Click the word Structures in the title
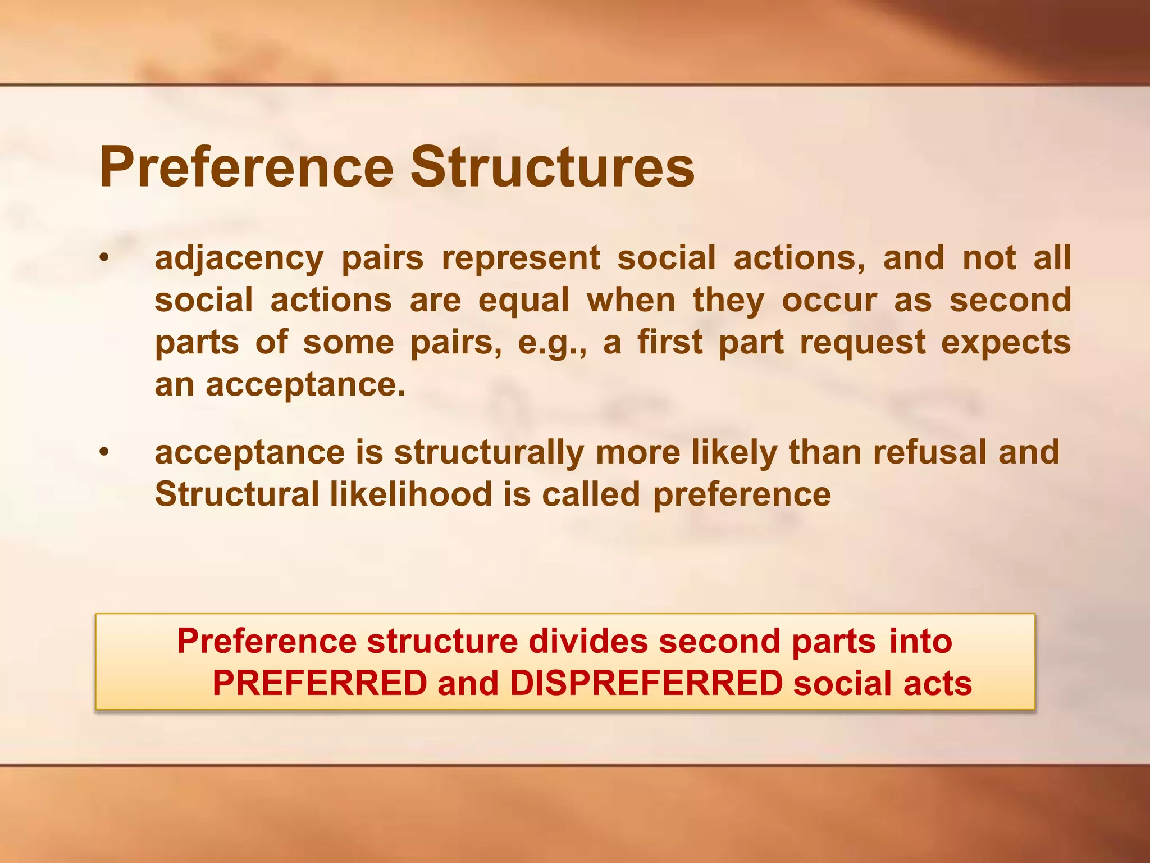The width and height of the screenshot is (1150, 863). click(x=553, y=167)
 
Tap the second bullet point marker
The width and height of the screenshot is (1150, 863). click(x=103, y=452)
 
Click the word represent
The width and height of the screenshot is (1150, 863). click(x=521, y=258)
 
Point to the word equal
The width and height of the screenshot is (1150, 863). click(x=523, y=300)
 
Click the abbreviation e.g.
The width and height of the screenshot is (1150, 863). click(x=552, y=343)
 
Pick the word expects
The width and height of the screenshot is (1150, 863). click(x=1006, y=343)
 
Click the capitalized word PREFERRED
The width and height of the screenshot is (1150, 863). click(x=320, y=684)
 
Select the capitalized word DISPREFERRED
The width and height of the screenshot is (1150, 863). click(x=646, y=684)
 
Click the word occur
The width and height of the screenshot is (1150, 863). click(x=829, y=300)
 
